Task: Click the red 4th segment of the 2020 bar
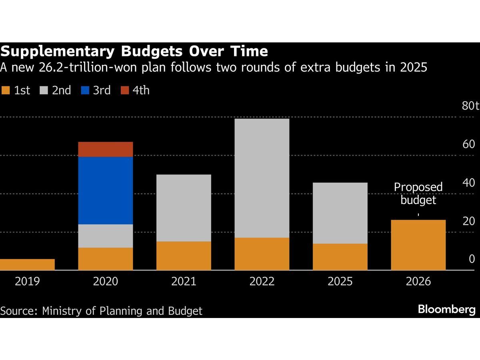(106, 149)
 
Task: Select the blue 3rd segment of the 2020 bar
(106, 190)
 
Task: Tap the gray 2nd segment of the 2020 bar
(106, 236)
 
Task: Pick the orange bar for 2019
(27, 264)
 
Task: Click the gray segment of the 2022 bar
(262, 178)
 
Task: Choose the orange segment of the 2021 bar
(184, 256)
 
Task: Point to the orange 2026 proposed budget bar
(418, 245)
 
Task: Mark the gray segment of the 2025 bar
(340, 213)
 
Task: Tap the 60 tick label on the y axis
(469, 144)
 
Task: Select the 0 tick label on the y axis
(472, 259)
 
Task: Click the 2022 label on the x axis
(262, 282)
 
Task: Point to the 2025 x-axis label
(340, 282)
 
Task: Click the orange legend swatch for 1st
(5, 90)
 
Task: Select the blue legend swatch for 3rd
(84, 90)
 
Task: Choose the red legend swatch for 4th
(125, 90)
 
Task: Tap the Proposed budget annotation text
(418, 193)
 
